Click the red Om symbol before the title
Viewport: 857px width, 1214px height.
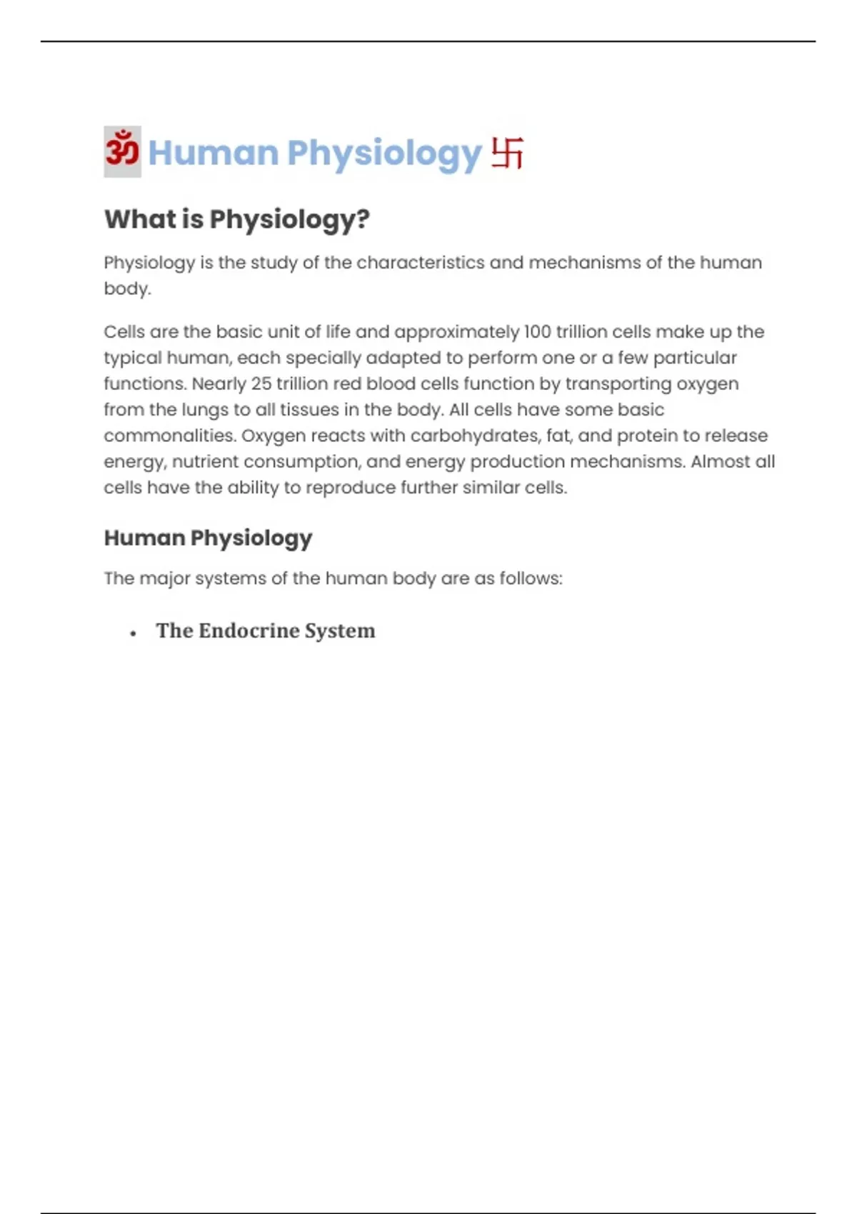click(x=122, y=151)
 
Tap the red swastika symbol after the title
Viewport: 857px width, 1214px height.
click(x=507, y=153)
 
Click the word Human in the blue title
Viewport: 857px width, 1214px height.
click(x=213, y=153)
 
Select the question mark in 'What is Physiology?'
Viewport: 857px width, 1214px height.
click(x=364, y=219)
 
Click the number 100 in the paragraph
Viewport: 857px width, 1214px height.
click(x=536, y=332)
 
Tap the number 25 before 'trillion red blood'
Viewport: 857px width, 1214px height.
click(x=261, y=384)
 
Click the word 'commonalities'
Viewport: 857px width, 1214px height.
click(x=170, y=436)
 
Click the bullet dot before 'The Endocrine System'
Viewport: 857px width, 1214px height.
click(x=134, y=633)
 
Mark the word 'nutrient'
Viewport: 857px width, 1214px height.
click(x=205, y=462)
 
